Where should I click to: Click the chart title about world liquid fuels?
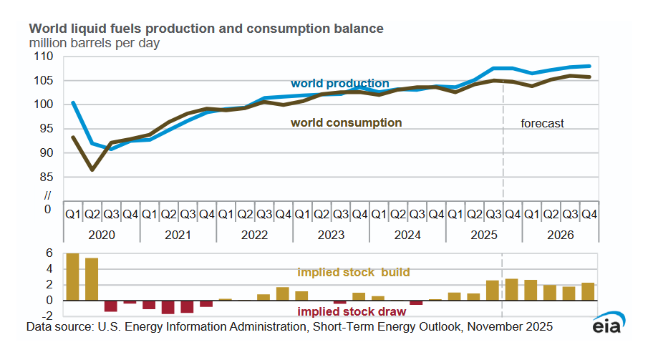(205, 29)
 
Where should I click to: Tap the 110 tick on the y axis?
(44, 57)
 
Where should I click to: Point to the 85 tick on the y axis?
(47, 177)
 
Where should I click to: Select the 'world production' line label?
(339, 84)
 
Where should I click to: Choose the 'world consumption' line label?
(346, 123)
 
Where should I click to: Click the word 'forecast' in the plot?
(542, 123)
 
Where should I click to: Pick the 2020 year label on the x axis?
(102, 234)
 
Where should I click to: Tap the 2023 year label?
(331, 234)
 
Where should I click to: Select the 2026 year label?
(560, 234)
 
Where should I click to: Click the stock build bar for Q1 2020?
(72, 277)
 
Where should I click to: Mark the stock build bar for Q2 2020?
(92, 279)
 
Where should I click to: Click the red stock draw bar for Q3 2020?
(110, 306)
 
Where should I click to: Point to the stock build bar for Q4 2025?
(511, 290)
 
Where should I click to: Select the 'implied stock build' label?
(353, 273)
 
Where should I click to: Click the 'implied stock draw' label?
(352, 312)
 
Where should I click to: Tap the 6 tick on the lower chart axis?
(50, 253)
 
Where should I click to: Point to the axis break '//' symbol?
(48, 195)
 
